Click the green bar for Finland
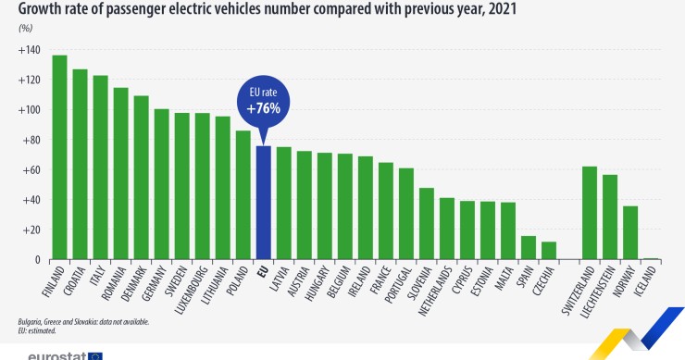(x=59, y=157)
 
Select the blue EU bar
(x=263, y=203)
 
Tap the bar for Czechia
(x=549, y=251)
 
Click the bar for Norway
(x=630, y=232)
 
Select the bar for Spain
(x=529, y=248)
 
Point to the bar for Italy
(x=100, y=168)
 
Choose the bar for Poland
(x=243, y=194)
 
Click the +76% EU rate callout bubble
(x=263, y=104)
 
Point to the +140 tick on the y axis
(x=28, y=50)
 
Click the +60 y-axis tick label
(x=31, y=170)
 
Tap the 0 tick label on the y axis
(x=37, y=260)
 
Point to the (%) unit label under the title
(x=25, y=28)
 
